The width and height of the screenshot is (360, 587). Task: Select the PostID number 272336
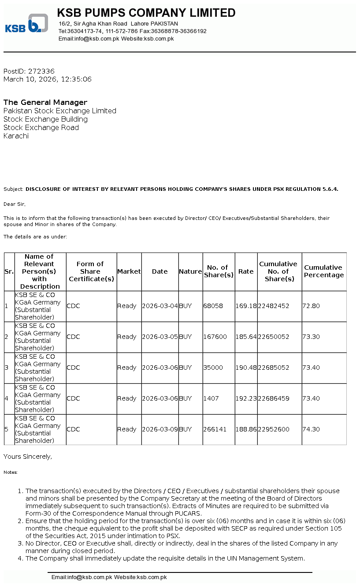click(x=41, y=71)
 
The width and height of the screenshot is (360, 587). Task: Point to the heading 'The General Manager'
click(x=45, y=103)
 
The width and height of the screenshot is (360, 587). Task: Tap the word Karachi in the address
click(x=16, y=136)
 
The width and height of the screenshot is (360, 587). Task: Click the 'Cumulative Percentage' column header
click(x=324, y=271)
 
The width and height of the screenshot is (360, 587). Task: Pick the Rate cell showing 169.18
click(x=246, y=306)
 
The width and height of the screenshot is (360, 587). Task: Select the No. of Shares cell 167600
click(x=215, y=337)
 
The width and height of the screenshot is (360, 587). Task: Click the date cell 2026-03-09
click(x=160, y=430)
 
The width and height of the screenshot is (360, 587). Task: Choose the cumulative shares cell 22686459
click(x=274, y=399)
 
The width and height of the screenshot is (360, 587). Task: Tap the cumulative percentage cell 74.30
click(x=311, y=430)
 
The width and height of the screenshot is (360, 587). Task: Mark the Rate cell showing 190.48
click(x=246, y=368)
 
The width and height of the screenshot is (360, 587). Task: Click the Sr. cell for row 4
click(x=7, y=399)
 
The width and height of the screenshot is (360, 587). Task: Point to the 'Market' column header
click(x=129, y=272)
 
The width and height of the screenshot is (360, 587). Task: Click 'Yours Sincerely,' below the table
click(x=28, y=457)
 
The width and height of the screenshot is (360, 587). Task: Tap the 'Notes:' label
click(x=11, y=472)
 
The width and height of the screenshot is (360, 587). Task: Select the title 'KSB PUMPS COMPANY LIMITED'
click(x=146, y=13)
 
